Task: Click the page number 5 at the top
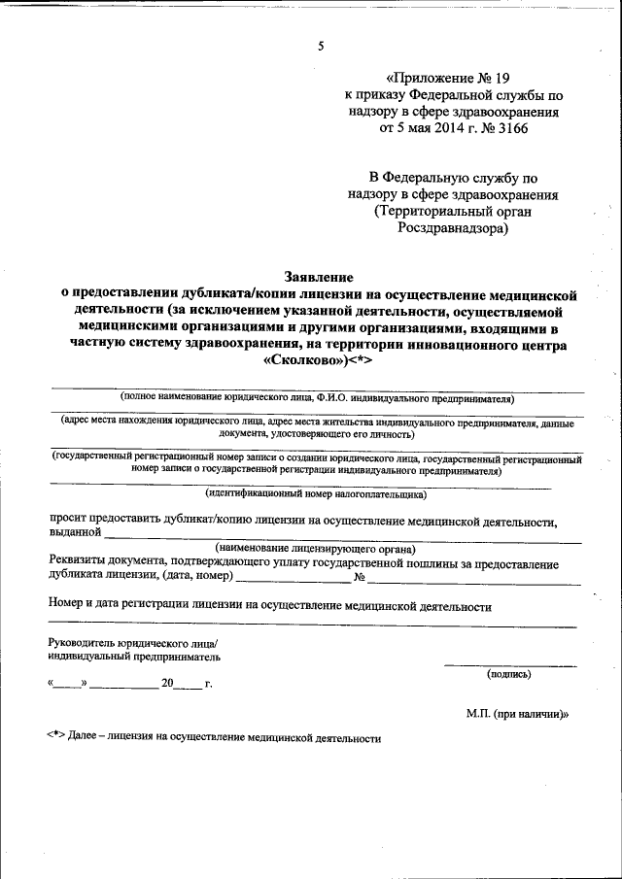320,46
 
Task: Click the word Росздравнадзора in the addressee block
452,229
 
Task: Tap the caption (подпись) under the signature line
508,672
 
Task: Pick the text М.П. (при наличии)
516,714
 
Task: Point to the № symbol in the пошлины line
360,578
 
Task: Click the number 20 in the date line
168,684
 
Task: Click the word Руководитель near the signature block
78,643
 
